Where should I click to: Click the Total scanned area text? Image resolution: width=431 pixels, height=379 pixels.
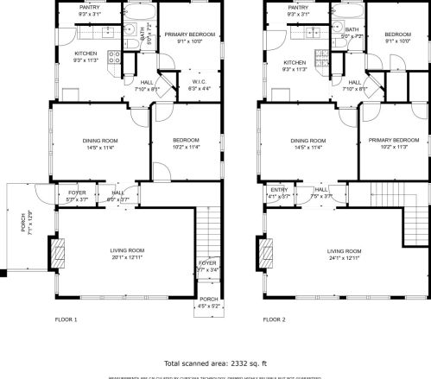pyautogui.click(x=215, y=364)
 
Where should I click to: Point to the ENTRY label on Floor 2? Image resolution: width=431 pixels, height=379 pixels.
pyautogui.click(x=279, y=189)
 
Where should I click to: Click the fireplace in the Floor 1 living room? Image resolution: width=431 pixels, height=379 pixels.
pyautogui.click(x=60, y=253)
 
